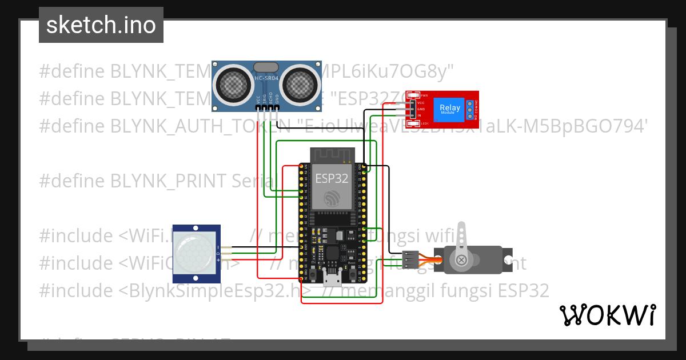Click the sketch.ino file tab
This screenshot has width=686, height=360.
click(101, 25)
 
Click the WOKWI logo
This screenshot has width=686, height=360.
click(607, 315)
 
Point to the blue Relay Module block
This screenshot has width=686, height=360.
click(449, 110)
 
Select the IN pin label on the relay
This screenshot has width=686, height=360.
click(421, 115)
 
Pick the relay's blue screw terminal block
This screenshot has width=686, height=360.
click(469, 110)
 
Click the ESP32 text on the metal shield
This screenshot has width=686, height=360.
click(332, 178)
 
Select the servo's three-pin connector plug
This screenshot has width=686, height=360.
click(410, 259)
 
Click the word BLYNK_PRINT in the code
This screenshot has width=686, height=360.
click(169, 181)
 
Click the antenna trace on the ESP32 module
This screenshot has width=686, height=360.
click(332, 155)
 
